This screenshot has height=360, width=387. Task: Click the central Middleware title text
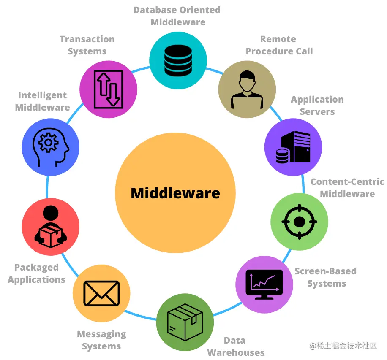click(x=175, y=193)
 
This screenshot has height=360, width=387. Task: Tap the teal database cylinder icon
click(x=178, y=61)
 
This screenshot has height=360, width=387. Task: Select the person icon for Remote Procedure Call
click(x=247, y=89)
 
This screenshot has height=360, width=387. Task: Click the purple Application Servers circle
click(x=293, y=147)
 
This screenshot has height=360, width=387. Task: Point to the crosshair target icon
click(x=299, y=222)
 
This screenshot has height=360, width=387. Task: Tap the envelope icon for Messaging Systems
click(x=101, y=293)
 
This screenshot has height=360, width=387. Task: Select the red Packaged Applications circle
click(x=51, y=227)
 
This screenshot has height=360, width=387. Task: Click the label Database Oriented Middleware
click(x=177, y=16)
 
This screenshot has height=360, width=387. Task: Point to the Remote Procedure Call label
click(x=279, y=45)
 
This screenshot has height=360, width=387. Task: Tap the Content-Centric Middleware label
click(x=347, y=188)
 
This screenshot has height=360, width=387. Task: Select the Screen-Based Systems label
click(x=326, y=277)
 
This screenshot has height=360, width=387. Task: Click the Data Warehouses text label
click(x=235, y=346)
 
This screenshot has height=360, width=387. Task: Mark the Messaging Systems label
click(x=101, y=340)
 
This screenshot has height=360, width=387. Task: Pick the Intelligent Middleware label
click(x=42, y=101)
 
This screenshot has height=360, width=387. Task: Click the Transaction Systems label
click(x=87, y=45)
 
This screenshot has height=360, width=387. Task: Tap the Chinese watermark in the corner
click(x=343, y=346)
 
